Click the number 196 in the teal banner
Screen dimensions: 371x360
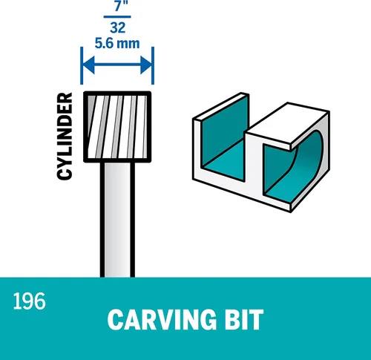(29, 301)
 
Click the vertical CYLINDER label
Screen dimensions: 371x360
(65, 136)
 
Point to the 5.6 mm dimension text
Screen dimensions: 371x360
(117, 43)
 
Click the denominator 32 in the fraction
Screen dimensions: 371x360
(117, 27)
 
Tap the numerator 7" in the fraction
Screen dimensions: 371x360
(121, 6)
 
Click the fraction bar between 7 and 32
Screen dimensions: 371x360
(117, 17)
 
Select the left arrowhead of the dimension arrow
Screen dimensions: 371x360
(88, 65)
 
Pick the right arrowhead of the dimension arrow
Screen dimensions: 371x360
(146, 65)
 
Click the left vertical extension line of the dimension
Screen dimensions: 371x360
(82, 65)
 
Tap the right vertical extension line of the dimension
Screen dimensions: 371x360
(153, 65)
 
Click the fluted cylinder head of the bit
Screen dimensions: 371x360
(117, 127)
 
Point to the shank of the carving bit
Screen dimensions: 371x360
(117, 220)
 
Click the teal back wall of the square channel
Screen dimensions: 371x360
(224, 128)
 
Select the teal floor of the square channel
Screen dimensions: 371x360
(224, 162)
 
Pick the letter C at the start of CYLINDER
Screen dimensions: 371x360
(65, 174)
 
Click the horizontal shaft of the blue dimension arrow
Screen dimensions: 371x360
(117, 65)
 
